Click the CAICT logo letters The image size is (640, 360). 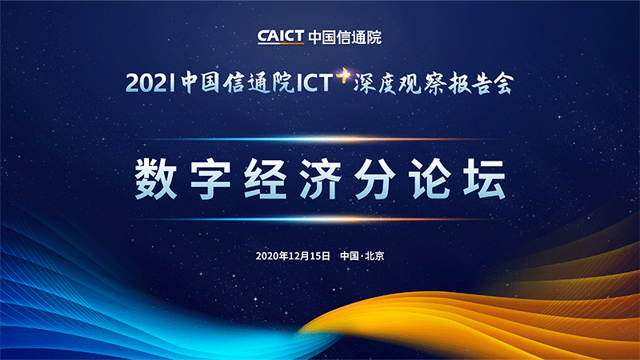point(281,37)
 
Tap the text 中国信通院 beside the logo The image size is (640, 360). point(345,37)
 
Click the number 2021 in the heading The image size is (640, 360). point(150,83)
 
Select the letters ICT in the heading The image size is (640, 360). point(314,83)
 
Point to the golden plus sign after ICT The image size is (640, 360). point(343,75)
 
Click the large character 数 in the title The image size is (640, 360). point(155,179)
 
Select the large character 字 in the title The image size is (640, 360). point(210,179)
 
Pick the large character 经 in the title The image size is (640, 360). point(266,179)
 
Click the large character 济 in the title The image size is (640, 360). point(320,179)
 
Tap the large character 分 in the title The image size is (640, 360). point(374,179)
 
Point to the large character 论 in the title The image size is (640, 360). point(430,179)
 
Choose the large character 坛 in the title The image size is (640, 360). point(485,179)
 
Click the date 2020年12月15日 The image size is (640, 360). point(293,256)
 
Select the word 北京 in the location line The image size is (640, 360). point(374,256)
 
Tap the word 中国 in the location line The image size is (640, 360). point(350,256)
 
